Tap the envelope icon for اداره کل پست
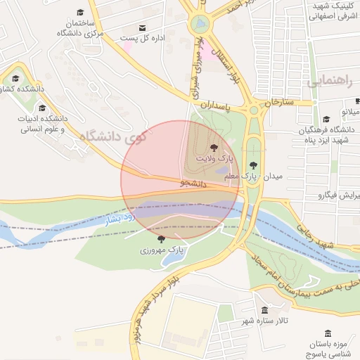(143, 28)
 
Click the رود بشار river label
(119, 219)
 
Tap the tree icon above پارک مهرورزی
(162, 239)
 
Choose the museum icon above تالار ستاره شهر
(264, 310)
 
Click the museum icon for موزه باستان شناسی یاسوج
(320, 335)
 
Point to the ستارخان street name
(278, 103)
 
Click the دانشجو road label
(193, 183)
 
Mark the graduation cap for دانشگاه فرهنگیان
(326, 120)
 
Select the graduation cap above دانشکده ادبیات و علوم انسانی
(42, 108)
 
